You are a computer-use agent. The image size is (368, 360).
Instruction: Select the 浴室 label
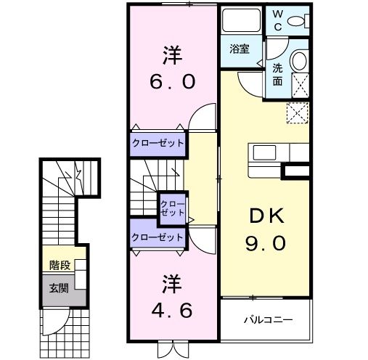(240, 50)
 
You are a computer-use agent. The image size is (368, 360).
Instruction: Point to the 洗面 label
(278, 74)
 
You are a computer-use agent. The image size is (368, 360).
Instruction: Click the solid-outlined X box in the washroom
(298, 86)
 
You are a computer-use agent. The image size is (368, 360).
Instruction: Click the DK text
(263, 216)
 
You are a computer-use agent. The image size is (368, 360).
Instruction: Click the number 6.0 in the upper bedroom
(172, 82)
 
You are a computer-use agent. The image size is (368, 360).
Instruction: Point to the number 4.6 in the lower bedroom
(172, 311)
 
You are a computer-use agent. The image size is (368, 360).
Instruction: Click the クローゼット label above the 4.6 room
(158, 237)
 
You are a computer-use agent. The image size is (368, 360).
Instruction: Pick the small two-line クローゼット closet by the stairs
(172, 208)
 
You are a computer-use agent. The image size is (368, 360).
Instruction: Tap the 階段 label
(60, 265)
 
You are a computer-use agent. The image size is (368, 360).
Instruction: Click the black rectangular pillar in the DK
(296, 172)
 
